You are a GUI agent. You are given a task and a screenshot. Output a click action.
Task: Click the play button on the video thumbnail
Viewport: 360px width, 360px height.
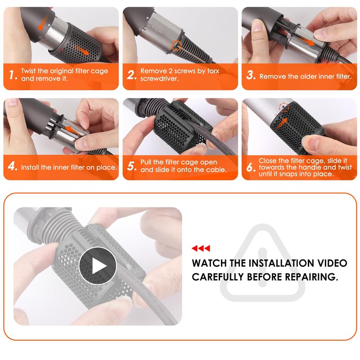point(98,265)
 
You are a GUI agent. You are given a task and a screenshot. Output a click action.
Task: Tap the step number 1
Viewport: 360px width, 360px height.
point(13,75)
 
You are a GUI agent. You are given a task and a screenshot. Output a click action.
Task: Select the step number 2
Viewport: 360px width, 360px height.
point(132,75)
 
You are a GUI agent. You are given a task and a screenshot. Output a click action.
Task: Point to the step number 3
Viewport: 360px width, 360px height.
point(251,75)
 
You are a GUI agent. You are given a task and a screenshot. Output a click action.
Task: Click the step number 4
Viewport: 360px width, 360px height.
point(13,166)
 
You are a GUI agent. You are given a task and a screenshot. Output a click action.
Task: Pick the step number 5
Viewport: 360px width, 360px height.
point(132,166)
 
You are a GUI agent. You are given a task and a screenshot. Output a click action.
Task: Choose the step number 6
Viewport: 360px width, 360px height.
point(251,167)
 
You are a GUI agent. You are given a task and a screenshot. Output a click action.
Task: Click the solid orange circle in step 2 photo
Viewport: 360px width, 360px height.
point(176,46)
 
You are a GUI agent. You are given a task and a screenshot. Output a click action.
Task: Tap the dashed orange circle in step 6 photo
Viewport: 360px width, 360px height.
point(284,107)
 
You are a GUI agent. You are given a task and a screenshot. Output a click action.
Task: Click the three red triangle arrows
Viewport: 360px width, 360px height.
point(201,248)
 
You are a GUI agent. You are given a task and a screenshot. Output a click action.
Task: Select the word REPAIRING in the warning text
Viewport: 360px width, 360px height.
point(311,277)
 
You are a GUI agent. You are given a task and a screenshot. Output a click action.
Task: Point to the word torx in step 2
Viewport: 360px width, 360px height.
point(213,71)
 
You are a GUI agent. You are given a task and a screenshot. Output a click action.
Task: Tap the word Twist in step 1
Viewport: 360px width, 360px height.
point(28,71)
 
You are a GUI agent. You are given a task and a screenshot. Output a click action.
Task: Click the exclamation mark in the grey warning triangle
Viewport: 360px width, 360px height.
point(262,267)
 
